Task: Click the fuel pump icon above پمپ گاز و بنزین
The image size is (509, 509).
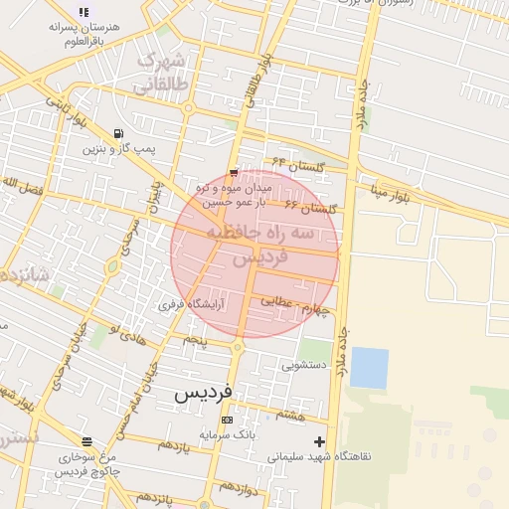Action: pyautogui.click(x=119, y=134)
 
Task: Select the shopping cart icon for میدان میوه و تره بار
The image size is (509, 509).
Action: pyautogui.click(x=233, y=171)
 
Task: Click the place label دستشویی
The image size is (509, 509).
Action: pyautogui.click(x=303, y=365)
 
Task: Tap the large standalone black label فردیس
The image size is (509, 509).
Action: pyautogui.click(x=203, y=393)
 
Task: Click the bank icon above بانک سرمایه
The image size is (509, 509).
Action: pyautogui.click(x=228, y=421)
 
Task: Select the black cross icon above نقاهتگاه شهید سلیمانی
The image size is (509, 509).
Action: pyautogui.click(x=319, y=441)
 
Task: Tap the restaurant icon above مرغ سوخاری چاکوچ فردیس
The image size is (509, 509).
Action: pyautogui.click(x=87, y=441)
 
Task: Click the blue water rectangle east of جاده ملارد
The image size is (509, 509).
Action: pyautogui.click(x=369, y=368)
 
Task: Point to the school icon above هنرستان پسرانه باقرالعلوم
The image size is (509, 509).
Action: pyautogui.click(x=84, y=11)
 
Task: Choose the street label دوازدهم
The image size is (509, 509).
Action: pyautogui.click(x=240, y=488)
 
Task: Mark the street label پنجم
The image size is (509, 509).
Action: pyautogui.click(x=194, y=341)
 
